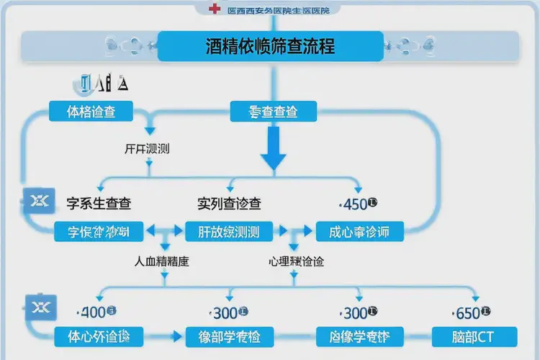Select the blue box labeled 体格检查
91,112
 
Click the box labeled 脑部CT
474,336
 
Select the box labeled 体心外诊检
98,336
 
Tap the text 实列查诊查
229,204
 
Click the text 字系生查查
99,204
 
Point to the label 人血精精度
162,262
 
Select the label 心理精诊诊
296,262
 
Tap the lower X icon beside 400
35,306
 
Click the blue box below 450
359,232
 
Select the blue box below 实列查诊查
229,232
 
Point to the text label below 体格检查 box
147,149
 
